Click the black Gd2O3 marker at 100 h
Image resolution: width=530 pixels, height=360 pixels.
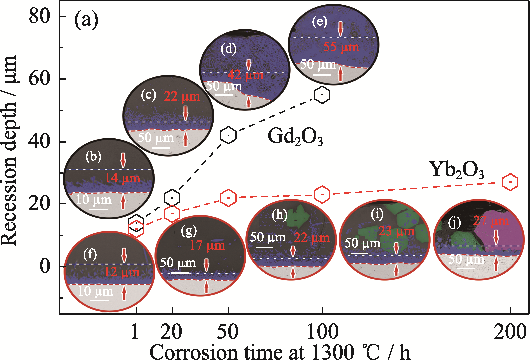[322, 95]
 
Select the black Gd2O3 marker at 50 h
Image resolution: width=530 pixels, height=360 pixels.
[228, 135]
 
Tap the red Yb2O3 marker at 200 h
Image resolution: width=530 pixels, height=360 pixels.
[510, 182]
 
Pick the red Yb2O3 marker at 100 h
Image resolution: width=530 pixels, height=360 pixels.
[322, 194]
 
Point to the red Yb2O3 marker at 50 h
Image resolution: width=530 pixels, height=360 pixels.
[228, 198]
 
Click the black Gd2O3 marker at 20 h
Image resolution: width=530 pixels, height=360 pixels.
[172, 198]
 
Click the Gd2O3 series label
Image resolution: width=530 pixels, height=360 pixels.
[295, 137]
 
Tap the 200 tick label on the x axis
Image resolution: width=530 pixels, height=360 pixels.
[510, 332]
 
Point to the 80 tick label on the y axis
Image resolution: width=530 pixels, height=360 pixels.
[39, 16]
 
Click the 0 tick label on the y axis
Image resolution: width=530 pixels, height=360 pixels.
[45, 266]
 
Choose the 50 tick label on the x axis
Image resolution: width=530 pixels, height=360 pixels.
[228, 332]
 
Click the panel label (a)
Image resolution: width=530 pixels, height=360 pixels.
[86, 20]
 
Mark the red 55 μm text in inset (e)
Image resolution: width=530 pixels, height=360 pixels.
[341, 47]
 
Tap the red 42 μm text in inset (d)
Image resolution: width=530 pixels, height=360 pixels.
[246, 75]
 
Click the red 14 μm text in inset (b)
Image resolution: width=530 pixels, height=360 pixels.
[123, 178]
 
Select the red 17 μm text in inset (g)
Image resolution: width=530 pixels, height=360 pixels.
[207, 245]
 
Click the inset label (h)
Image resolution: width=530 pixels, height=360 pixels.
[279, 215]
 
